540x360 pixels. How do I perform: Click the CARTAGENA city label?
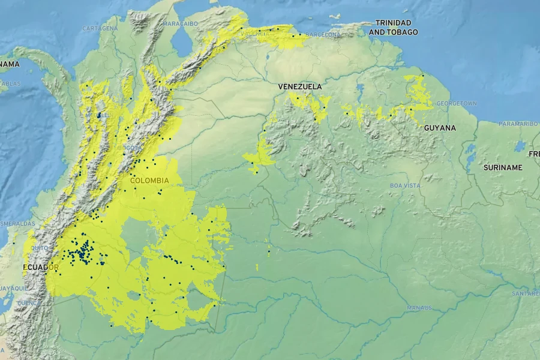pos(100,28)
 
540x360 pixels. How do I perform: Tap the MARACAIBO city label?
pos(180,23)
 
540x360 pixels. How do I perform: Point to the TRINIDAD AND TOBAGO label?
pos(393,27)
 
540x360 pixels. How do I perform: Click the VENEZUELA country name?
pos(300,87)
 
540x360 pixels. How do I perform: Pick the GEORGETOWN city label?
pos(457,104)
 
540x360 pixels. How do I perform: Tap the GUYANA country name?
pos(440,128)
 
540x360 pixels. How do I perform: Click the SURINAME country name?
pos(503,167)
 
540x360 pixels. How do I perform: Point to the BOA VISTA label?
pos(405,185)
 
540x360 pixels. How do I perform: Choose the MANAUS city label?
pos(419,308)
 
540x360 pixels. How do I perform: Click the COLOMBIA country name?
pos(149,180)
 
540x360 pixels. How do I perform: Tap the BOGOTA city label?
pos(133,148)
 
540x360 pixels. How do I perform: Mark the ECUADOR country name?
pos(41,266)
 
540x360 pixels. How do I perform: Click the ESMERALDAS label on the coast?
pos(17,223)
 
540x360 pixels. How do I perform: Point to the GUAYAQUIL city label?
pos(13,289)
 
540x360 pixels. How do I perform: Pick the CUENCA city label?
pos(28,303)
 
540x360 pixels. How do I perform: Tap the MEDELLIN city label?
pos(97,115)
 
